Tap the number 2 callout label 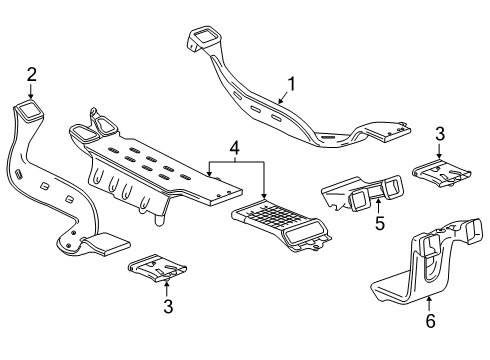tap(31, 73)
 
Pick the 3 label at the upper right tap(440, 133)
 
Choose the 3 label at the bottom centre tap(167, 307)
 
